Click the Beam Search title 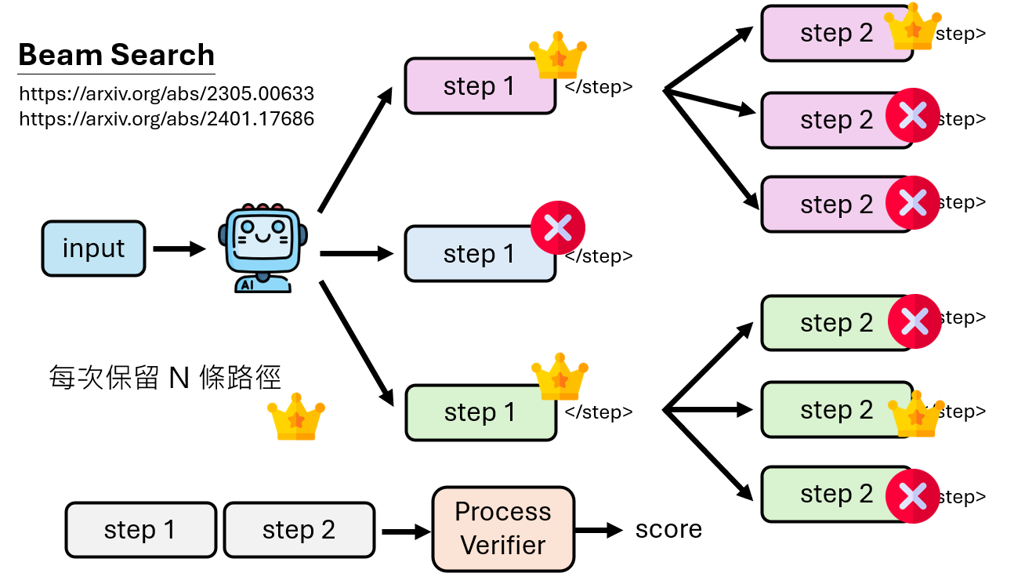(x=116, y=56)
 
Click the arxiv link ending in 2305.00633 (x=166, y=95)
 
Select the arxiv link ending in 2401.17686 (x=166, y=119)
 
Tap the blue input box (x=93, y=248)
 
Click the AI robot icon (x=263, y=248)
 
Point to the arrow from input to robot (x=179, y=249)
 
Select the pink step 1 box (x=479, y=86)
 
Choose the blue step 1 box (x=479, y=254)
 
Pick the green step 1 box (x=480, y=412)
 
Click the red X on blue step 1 (x=558, y=228)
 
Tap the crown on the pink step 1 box (x=558, y=56)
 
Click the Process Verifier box (x=503, y=528)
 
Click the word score (x=668, y=529)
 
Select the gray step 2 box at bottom (x=299, y=530)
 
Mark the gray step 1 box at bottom (x=140, y=530)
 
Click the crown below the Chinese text (x=296, y=419)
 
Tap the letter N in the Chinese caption (x=179, y=378)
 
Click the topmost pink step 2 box (x=835, y=34)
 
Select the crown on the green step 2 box (x=914, y=417)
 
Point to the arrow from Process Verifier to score (x=599, y=531)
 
